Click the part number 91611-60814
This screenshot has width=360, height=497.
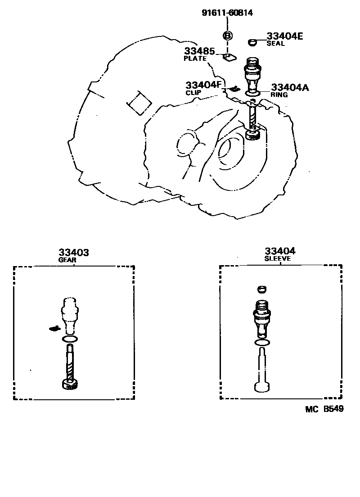[x=227, y=13]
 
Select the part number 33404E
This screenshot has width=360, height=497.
[x=284, y=36]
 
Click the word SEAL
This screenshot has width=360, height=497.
[x=275, y=44]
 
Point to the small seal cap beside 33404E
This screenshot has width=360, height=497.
[x=252, y=42]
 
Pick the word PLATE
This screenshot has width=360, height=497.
[x=195, y=59]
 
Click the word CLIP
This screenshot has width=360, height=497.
[x=193, y=92]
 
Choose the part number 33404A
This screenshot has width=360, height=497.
[x=289, y=88]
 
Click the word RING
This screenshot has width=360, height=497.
[x=279, y=95]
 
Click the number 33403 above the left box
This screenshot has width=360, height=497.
[x=73, y=253]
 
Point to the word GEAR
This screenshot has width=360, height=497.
[x=67, y=260]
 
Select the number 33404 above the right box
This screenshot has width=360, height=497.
[x=280, y=252]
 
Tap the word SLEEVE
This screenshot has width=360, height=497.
[x=278, y=259]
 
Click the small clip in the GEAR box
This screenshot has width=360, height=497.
[x=54, y=328]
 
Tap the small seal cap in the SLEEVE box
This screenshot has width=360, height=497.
[x=261, y=289]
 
